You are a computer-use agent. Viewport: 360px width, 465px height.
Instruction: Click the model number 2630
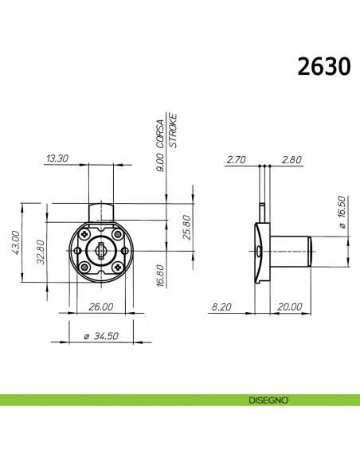point(323,65)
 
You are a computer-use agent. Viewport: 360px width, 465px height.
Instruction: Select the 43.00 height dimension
point(13,242)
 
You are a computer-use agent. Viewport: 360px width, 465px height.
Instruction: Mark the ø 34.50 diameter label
point(100,337)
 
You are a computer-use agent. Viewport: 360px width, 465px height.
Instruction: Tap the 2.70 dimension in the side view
point(236,159)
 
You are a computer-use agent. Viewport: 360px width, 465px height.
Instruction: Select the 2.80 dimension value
point(292,159)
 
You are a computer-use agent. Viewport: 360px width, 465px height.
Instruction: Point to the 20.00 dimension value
point(289,307)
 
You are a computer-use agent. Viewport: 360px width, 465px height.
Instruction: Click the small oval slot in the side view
point(260,250)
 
